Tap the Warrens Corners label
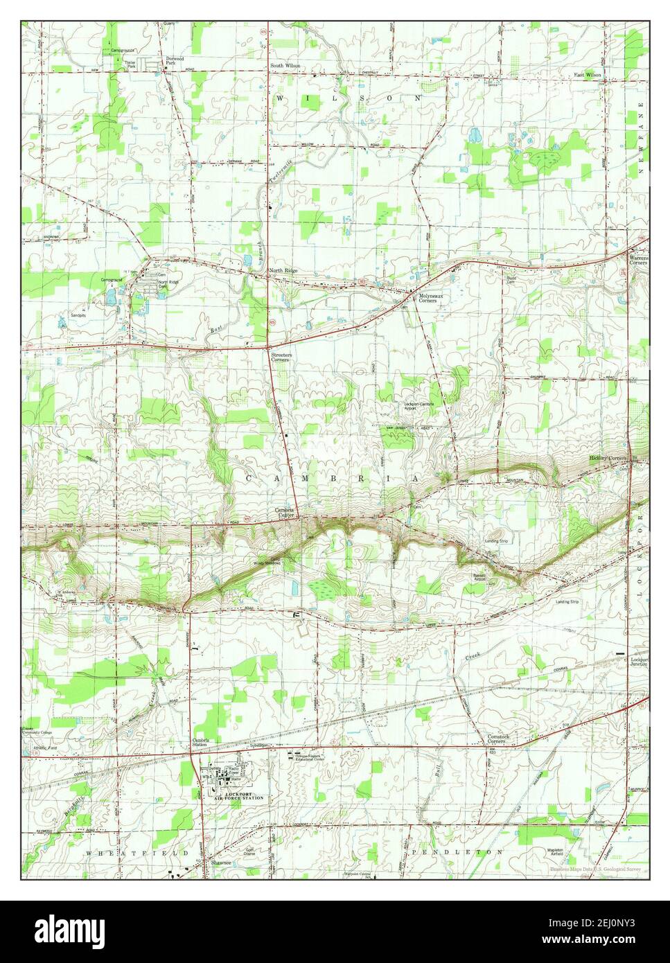[x=638, y=260]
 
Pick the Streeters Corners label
[x=281, y=358]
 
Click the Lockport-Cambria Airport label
[x=419, y=407]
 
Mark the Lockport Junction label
[x=638, y=663]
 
